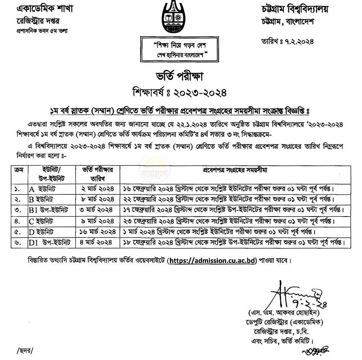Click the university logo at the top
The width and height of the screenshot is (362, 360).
click(181, 17)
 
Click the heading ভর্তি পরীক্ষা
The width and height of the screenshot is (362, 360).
click(181, 76)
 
